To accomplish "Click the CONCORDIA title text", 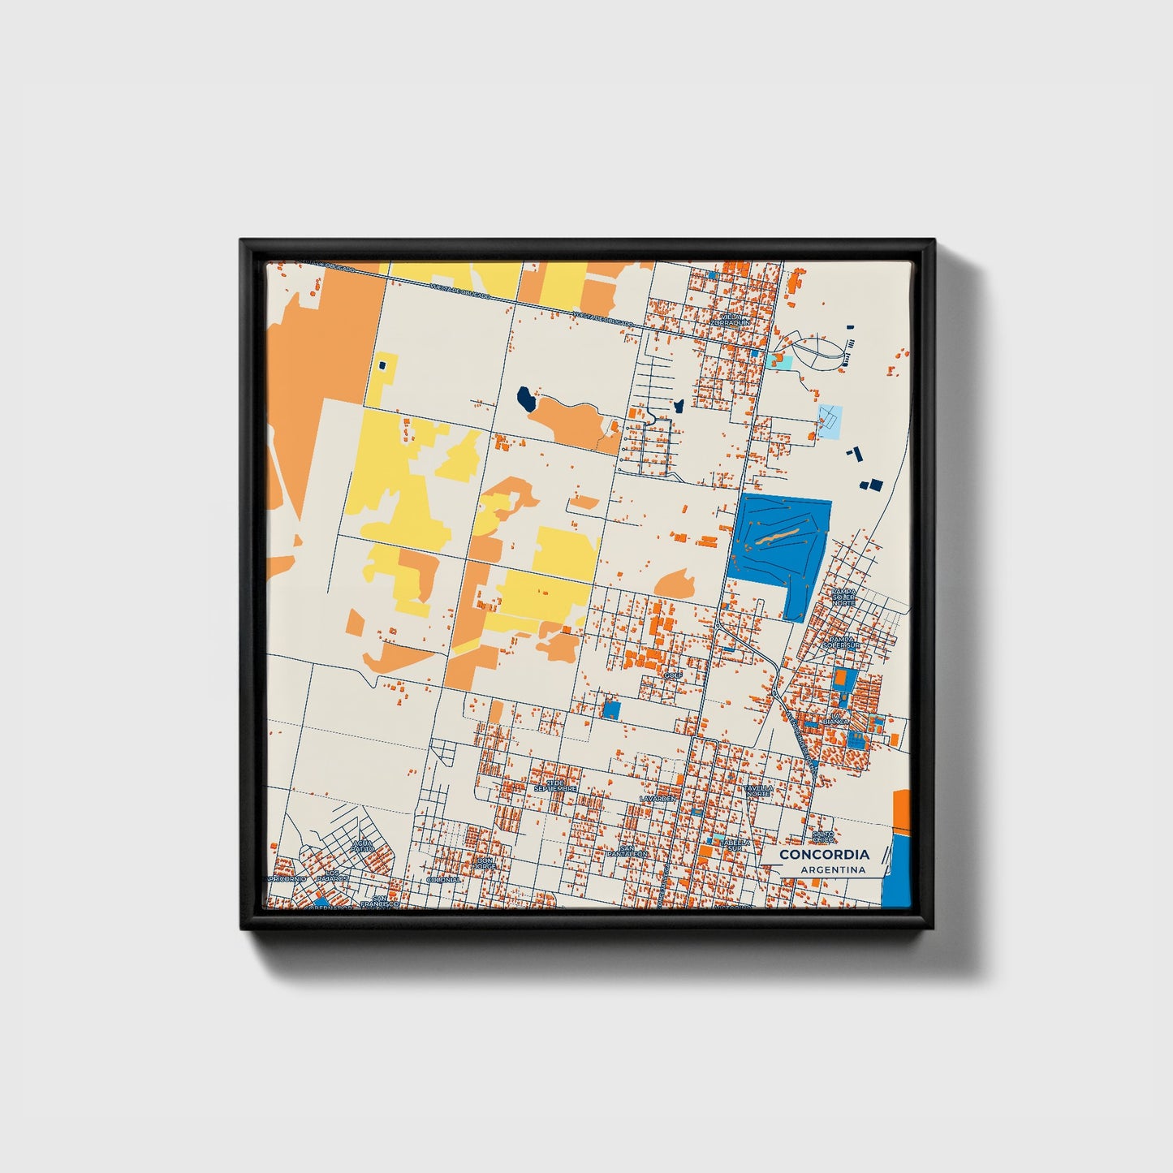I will coord(824,854).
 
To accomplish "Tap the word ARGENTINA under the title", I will coord(833,869).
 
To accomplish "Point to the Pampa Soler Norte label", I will coord(843,597).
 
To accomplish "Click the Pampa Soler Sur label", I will coord(842,642).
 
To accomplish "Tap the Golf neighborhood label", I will coord(672,675).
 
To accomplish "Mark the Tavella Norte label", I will coord(760,790).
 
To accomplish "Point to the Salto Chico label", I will coord(823,836).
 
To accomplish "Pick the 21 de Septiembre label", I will coord(555,786).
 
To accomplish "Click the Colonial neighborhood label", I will coord(443,879).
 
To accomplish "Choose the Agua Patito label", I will coord(362,847).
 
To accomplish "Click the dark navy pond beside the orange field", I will coord(526,398).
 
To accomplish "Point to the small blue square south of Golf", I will coord(611,709).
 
